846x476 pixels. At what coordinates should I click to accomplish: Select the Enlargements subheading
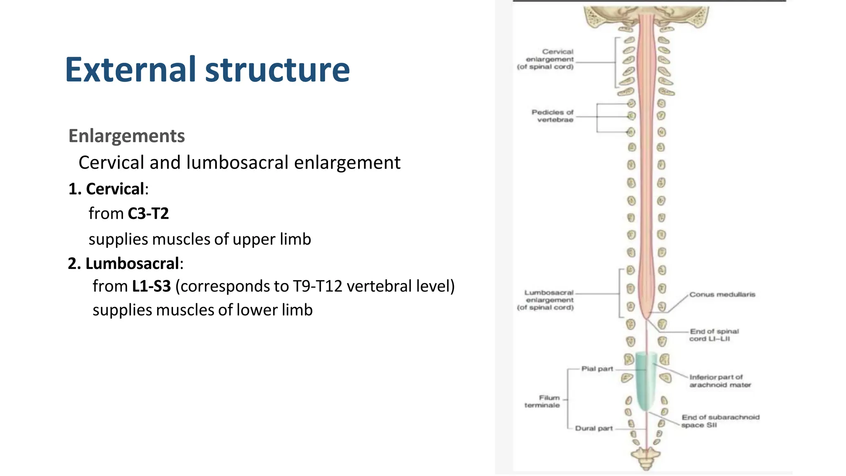(x=126, y=136)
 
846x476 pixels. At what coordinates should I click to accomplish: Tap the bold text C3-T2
(x=148, y=214)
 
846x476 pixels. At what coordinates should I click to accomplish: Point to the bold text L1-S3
(x=151, y=286)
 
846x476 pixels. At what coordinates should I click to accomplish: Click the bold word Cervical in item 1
(x=115, y=189)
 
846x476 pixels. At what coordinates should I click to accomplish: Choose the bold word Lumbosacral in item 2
(x=132, y=264)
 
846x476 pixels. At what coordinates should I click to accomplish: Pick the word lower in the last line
(x=256, y=310)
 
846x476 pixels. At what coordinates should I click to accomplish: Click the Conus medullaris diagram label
(x=722, y=295)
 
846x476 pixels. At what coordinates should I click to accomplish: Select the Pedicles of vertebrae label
(x=552, y=116)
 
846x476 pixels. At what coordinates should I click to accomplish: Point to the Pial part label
(x=597, y=369)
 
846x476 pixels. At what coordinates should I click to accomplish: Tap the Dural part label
(x=594, y=428)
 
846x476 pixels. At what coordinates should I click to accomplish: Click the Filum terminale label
(x=542, y=401)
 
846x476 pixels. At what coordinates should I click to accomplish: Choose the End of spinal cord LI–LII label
(x=714, y=335)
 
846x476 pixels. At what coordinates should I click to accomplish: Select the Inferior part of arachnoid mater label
(x=720, y=381)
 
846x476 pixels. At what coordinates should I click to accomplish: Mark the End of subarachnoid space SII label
(x=720, y=421)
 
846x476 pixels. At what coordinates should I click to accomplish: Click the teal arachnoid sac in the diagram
(x=646, y=380)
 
